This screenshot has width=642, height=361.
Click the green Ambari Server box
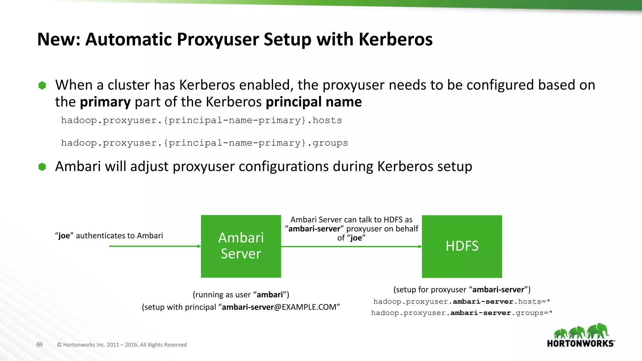pyautogui.click(x=241, y=246)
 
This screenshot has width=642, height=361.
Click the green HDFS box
pyautogui.click(x=462, y=246)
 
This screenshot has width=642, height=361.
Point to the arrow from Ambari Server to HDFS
pyautogui.click(x=351, y=247)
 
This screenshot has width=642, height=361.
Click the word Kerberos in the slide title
pyautogui.click(x=395, y=39)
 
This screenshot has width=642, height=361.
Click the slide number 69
pyautogui.click(x=39, y=344)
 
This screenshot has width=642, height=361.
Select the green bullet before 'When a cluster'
pyautogui.click(x=42, y=85)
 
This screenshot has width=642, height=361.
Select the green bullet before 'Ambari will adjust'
pyautogui.click(x=42, y=167)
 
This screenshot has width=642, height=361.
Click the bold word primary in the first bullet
pyautogui.click(x=105, y=102)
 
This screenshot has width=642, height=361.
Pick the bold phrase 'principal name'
pyautogui.click(x=314, y=102)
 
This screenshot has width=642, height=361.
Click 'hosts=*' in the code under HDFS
pyautogui.click(x=534, y=301)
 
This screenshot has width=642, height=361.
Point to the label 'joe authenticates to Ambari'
pyautogui.click(x=109, y=236)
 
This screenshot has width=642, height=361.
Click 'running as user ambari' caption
pyautogui.click(x=241, y=295)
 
